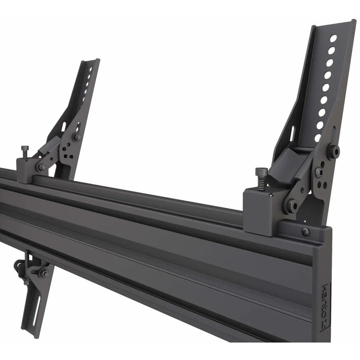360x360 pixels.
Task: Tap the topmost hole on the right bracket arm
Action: click(333, 38)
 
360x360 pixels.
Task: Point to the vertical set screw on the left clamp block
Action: click(25, 152)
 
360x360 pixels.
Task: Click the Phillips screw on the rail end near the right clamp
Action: click(305, 231)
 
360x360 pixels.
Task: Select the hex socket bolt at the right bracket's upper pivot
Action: click(333, 151)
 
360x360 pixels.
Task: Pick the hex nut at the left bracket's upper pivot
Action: click(76, 137)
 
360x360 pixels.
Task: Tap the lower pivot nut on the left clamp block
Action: click(41, 167)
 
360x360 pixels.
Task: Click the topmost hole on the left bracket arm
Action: click(92, 69)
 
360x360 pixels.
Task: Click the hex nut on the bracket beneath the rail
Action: click(42, 273)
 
